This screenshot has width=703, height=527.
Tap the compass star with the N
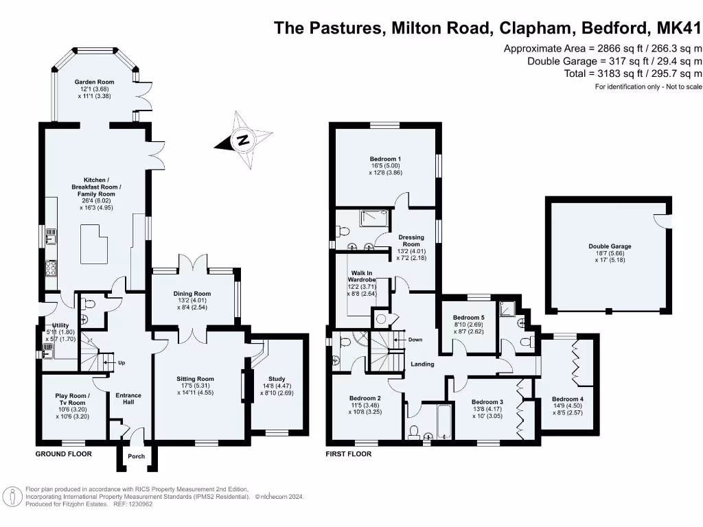(242, 141)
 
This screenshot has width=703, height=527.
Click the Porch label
(137, 456)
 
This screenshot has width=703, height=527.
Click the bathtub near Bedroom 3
(443, 421)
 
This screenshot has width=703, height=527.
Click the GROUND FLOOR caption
(64, 454)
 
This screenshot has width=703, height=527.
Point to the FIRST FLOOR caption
(349, 454)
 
